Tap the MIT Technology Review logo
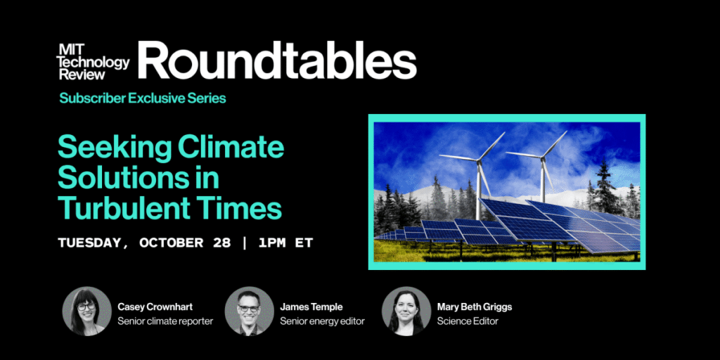pos(94,63)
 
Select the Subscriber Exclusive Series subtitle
pos(143,98)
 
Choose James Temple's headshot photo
pos(249,311)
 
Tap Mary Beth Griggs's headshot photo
pos(406,311)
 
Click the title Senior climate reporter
pos(165,321)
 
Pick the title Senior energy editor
pos(322,321)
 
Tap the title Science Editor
pos(468,321)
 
